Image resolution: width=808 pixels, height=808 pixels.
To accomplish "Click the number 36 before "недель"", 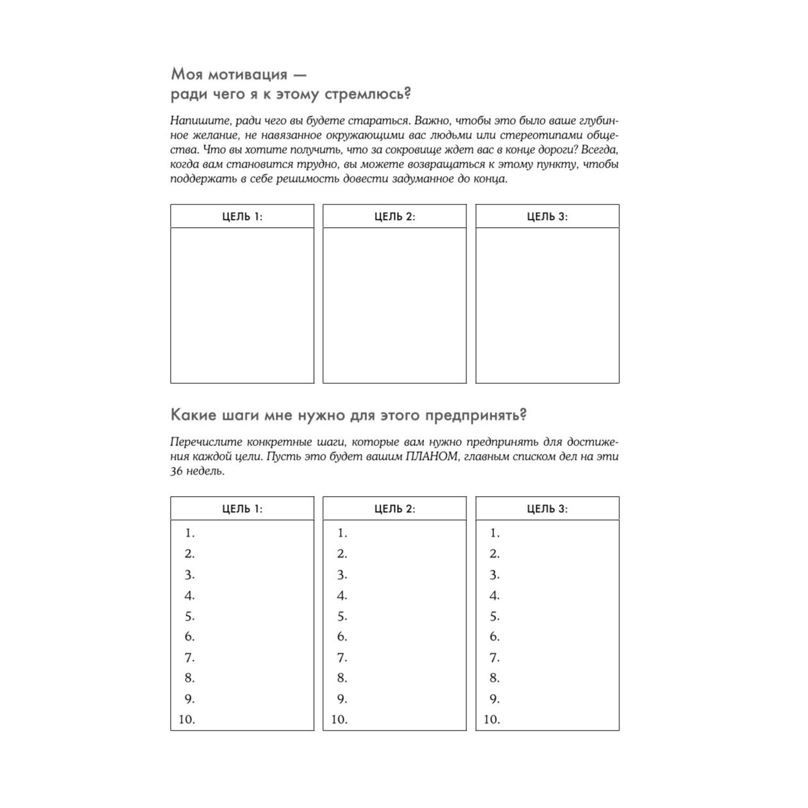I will pos(177,471).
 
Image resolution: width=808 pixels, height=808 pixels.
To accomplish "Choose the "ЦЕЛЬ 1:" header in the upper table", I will pos(242,217).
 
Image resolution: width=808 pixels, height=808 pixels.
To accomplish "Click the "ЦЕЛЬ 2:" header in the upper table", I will pos(394,217).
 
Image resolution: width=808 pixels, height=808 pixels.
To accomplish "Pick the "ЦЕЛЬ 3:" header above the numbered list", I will pos(547,509).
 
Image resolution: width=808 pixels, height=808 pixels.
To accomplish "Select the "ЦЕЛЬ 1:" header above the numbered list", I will pos(242,509).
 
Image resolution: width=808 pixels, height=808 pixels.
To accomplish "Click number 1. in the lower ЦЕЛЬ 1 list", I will pos(190,533).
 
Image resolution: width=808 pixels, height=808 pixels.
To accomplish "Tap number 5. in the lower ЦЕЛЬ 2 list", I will pos(342,616).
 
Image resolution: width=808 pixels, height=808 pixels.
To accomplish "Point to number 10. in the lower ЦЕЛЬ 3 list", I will pos(491,719).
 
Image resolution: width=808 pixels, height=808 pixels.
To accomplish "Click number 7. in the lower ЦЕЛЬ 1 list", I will pos(190,657).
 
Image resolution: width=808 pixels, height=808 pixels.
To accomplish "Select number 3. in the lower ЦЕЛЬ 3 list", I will pos(494,574).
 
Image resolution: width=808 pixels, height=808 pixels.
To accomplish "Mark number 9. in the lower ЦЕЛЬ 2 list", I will pos(342,699).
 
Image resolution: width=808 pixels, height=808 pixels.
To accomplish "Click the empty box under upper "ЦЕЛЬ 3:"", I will pos(547,305).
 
